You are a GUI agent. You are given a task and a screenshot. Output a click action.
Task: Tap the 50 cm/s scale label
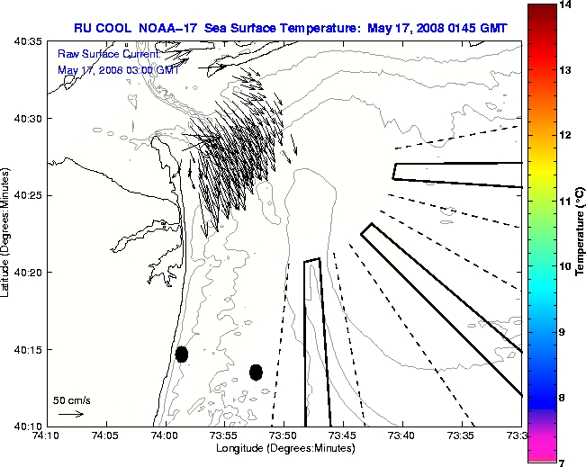coord(71,400)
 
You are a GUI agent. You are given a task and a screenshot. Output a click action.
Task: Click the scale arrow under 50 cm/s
coord(71,414)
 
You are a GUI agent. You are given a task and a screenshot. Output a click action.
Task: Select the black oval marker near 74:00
coord(182,354)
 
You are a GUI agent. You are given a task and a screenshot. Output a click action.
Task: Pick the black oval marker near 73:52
coord(256,372)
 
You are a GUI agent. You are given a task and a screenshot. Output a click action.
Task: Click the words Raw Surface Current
coord(100,54)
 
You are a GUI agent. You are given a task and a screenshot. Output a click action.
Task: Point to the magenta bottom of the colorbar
coord(541,445)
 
